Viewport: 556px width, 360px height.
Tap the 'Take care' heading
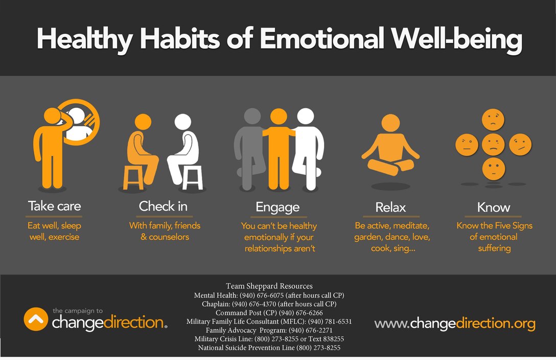(54, 206)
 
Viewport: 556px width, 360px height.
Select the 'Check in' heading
(163, 206)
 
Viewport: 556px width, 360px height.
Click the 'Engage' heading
(277, 208)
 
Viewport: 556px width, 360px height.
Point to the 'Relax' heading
(390, 208)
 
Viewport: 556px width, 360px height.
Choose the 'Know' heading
(494, 208)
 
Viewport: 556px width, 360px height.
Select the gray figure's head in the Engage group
(252, 117)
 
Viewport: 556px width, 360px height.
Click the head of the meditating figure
(390, 123)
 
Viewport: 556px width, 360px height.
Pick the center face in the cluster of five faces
(493, 144)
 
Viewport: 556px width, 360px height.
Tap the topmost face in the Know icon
(493, 120)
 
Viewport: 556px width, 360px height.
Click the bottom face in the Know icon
(493, 169)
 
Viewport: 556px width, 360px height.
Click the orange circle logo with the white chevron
(36, 319)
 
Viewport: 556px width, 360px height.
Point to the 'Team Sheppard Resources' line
(269, 286)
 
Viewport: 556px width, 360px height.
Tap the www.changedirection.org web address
(455, 324)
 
